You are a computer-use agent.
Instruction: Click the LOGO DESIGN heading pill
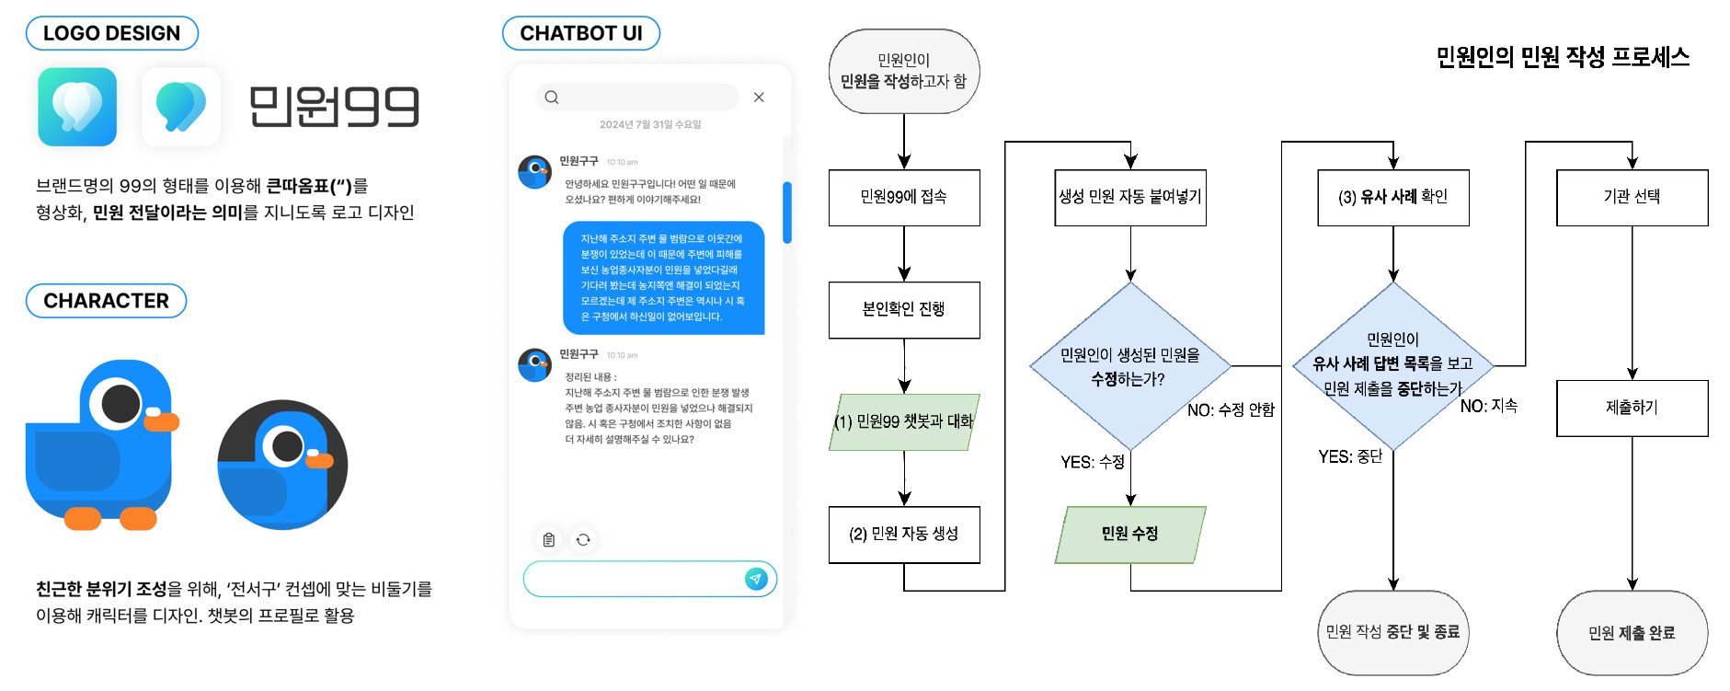[x=111, y=33]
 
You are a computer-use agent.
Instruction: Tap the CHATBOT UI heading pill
[x=580, y=33]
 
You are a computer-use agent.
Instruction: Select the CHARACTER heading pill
[x=106, y=301]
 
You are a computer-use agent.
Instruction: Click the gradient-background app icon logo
[x=77, y=107]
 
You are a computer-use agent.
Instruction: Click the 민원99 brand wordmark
[x=334, y=107]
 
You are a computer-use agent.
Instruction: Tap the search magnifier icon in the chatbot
[x=552, y=98]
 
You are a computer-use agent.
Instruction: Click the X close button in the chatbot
[x=759, y=98]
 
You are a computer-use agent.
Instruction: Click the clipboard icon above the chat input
[x=549, y=540]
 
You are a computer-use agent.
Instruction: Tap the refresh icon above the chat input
[x=583, y=540]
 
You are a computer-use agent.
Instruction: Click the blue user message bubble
[x=663, y=277]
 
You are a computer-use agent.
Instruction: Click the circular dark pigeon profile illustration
[x=282, y=465]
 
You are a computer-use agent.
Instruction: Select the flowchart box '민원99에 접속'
[x=904, y=197]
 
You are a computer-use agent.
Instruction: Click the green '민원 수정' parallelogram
[x=1129, y=535]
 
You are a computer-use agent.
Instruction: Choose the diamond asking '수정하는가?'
[x=1129, y=366]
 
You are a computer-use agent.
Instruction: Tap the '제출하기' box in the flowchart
[x=1632, y=408]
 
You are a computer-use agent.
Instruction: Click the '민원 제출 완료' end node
[x=1632, y=633]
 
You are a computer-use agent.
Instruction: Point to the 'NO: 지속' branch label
[x=1488, y=406]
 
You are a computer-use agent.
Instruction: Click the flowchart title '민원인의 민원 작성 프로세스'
[x=1562, y=57]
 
